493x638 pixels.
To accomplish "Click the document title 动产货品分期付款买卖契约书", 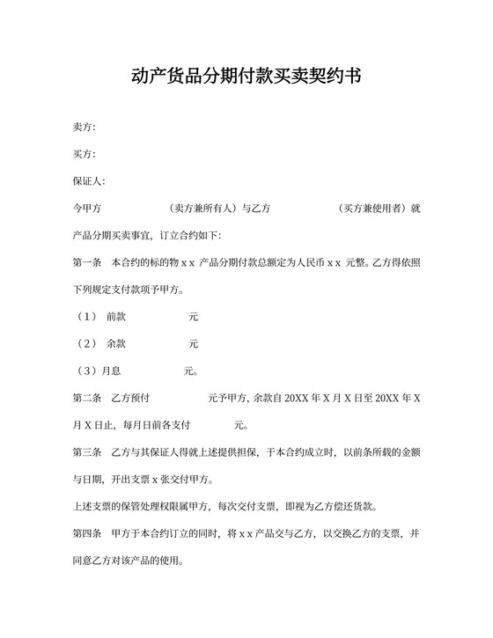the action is tap(246, 77).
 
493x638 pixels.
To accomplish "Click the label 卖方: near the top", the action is tap(84, 128).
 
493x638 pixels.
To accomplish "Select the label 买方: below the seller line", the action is tap(84, 155).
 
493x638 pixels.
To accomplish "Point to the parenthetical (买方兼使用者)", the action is tap(372, 209).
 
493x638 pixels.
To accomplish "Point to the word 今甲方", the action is tap(87, 209).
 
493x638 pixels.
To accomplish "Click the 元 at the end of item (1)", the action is tap(194, 316).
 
